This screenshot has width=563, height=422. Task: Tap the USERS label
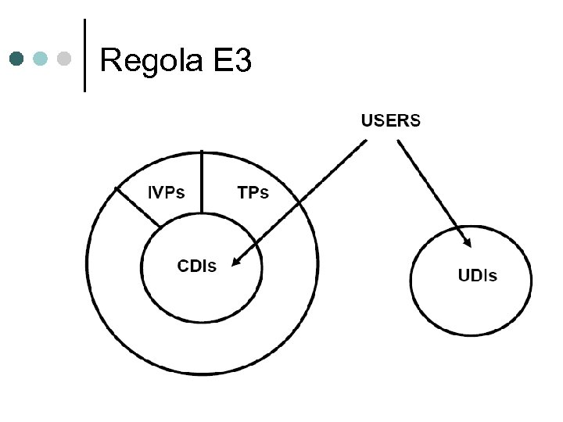[x=390, y=120]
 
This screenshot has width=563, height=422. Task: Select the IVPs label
[x=167, y=191]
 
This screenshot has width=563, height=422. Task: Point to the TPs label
[x=253, y=191]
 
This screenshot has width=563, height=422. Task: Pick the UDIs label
[x=476, y=275]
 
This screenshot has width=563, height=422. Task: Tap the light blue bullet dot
[x=41, y=59]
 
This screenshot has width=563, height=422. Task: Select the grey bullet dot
[x=65, y=59]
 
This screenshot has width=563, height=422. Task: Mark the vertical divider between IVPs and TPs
[x=202, y=181]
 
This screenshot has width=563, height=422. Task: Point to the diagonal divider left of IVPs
[x=138, y=207]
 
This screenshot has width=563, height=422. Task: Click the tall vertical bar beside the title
[x=84, y=55]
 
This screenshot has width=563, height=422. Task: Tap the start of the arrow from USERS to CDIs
[x=364, y=141]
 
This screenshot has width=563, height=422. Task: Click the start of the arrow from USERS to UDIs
[x=399, y=141]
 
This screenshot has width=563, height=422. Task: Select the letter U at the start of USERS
[x=366, y=120]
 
